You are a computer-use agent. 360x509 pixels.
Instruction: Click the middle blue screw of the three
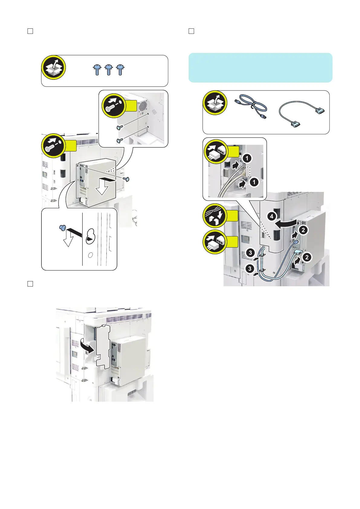tap(109, 70)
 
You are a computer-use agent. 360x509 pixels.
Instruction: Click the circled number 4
tap(272, 216)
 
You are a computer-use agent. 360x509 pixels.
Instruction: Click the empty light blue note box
tap(260, 68)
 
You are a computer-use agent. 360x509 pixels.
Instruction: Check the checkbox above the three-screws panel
tap(30, 31)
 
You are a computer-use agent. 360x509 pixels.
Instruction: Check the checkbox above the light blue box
tap(191, 31)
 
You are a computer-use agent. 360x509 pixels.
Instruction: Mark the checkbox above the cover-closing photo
tap(30, 284)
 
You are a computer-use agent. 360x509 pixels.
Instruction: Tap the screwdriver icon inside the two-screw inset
tap(114, 106)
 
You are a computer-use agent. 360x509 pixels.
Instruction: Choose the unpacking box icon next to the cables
tap(215, 103)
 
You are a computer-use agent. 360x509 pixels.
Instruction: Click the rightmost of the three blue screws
tap(120, 70)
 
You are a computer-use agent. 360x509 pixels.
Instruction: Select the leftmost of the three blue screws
tap(97, 70)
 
